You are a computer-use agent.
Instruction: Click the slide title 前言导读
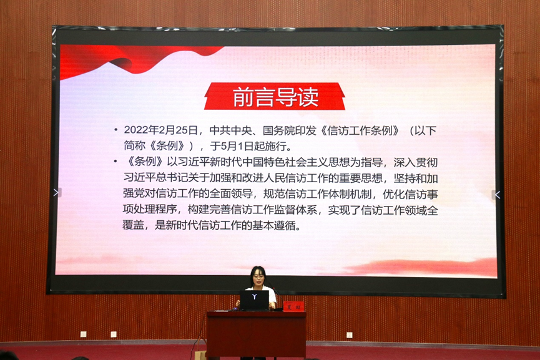[275, 97]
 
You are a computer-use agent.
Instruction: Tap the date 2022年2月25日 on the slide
[161, 130]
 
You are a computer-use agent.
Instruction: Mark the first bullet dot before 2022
[116, 130]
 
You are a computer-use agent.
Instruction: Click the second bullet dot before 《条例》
[115, 161]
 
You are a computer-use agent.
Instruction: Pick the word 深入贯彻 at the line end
[416, 162]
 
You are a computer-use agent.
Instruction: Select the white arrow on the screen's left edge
[56, 192]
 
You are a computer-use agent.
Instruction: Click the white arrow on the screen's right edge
[497, 195]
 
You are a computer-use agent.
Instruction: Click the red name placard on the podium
[294, 306]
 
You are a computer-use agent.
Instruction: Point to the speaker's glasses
[258, 276]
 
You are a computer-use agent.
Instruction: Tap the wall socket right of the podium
[349, 335]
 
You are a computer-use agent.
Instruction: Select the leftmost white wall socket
[83, 334]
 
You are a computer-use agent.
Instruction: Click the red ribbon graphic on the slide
[138, 61]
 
